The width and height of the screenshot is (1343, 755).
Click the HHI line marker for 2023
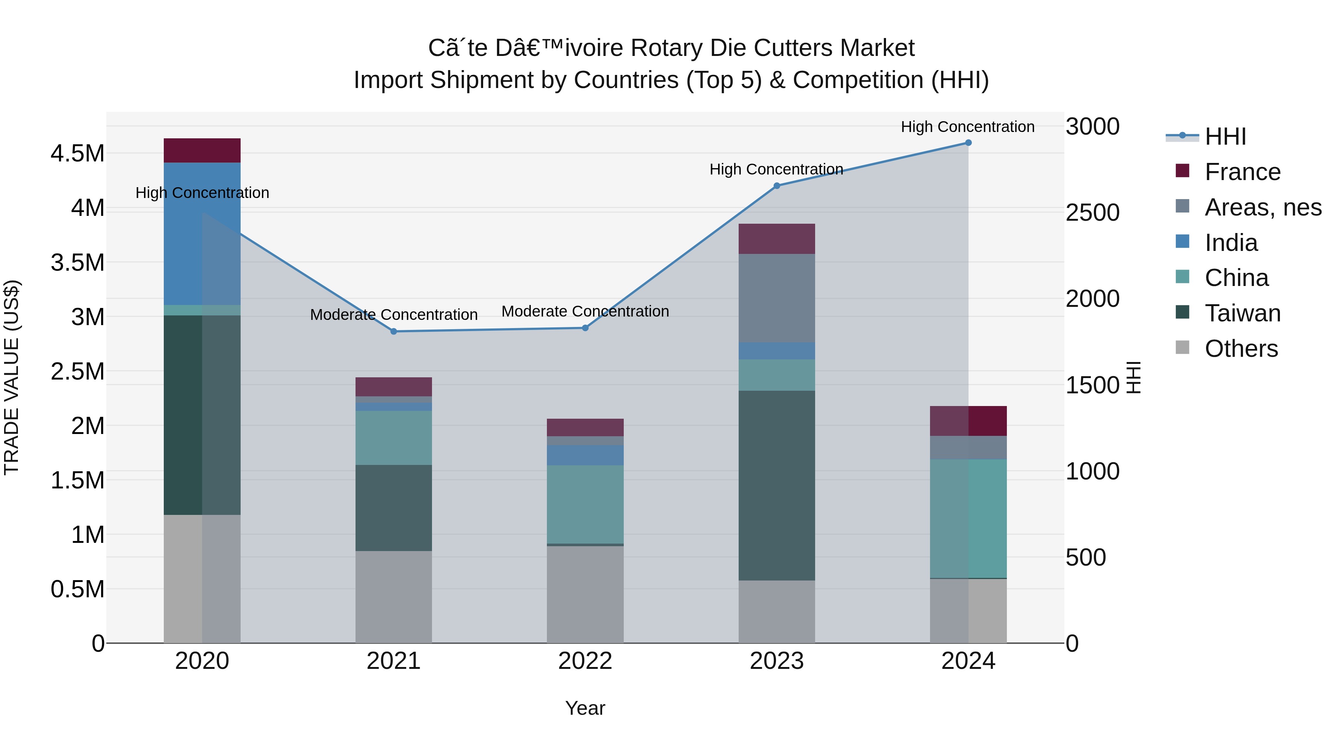776,186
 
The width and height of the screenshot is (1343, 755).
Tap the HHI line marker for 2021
394,331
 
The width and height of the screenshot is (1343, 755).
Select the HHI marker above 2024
968,143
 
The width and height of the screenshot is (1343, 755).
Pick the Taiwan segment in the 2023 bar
776,485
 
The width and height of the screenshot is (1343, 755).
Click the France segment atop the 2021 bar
394,387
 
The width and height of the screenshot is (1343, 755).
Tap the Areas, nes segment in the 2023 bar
776,298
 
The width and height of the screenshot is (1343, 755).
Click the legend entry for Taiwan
1242,313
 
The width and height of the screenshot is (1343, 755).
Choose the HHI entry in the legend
1225,136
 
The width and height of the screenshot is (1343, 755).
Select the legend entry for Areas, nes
1263,207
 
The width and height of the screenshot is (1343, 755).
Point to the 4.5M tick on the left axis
77,154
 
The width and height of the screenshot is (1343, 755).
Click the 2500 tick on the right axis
1092,213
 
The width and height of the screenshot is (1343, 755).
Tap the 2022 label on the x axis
585,661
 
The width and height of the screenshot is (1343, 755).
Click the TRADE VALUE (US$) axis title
12,377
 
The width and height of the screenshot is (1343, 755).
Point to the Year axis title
585,708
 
